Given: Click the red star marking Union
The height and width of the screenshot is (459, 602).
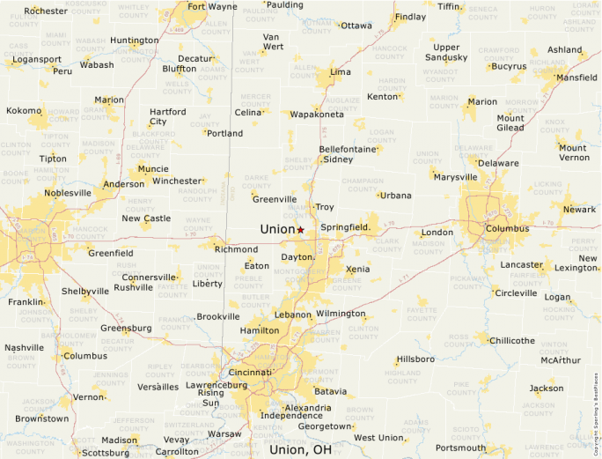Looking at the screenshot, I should coord(300,229).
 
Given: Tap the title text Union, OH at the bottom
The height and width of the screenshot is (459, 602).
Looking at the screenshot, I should coord(300,449).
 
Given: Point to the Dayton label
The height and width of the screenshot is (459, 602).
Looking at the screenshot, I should coord(297,257).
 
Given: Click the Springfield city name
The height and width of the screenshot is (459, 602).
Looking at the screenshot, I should coord(345,227).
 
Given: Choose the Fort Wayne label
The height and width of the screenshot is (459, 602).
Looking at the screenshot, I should coord(212,7).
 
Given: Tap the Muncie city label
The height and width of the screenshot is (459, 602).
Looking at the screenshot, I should coord(153,168).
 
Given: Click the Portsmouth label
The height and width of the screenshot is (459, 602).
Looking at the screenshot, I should coord(460,448).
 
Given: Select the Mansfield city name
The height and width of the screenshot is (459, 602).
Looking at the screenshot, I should coord(576,78).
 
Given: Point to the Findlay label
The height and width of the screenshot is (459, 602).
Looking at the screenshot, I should coord(410,17).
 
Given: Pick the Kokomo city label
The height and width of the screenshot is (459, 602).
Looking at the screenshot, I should coord(24,111).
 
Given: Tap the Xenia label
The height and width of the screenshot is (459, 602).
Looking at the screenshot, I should coord(358,269).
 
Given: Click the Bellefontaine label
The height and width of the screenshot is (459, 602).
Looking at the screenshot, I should coord(348,149).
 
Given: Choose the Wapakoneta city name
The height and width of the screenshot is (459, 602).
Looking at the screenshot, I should coord(317,115).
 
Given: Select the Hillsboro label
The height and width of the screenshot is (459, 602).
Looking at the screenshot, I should coord(415,359).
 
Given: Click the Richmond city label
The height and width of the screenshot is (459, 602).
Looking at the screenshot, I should coord(236,249).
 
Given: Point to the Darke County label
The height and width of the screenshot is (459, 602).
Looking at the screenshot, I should coord(257,181).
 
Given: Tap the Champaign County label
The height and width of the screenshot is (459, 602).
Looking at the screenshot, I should coord(362,183).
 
